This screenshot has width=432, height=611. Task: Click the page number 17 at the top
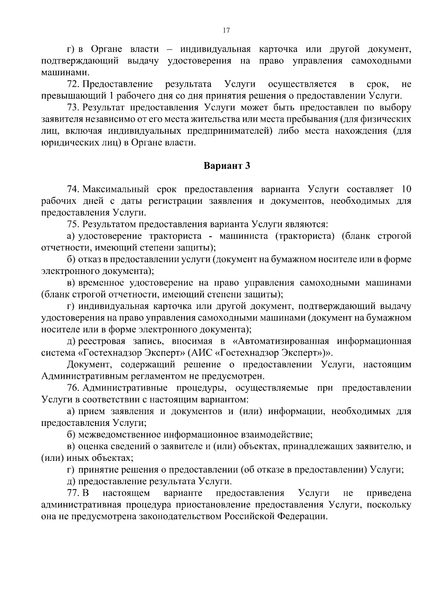click(x=226, y=31)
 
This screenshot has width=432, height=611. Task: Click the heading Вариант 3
click(x=226, y=166)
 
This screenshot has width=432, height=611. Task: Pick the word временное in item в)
click(x=101, y=283)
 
